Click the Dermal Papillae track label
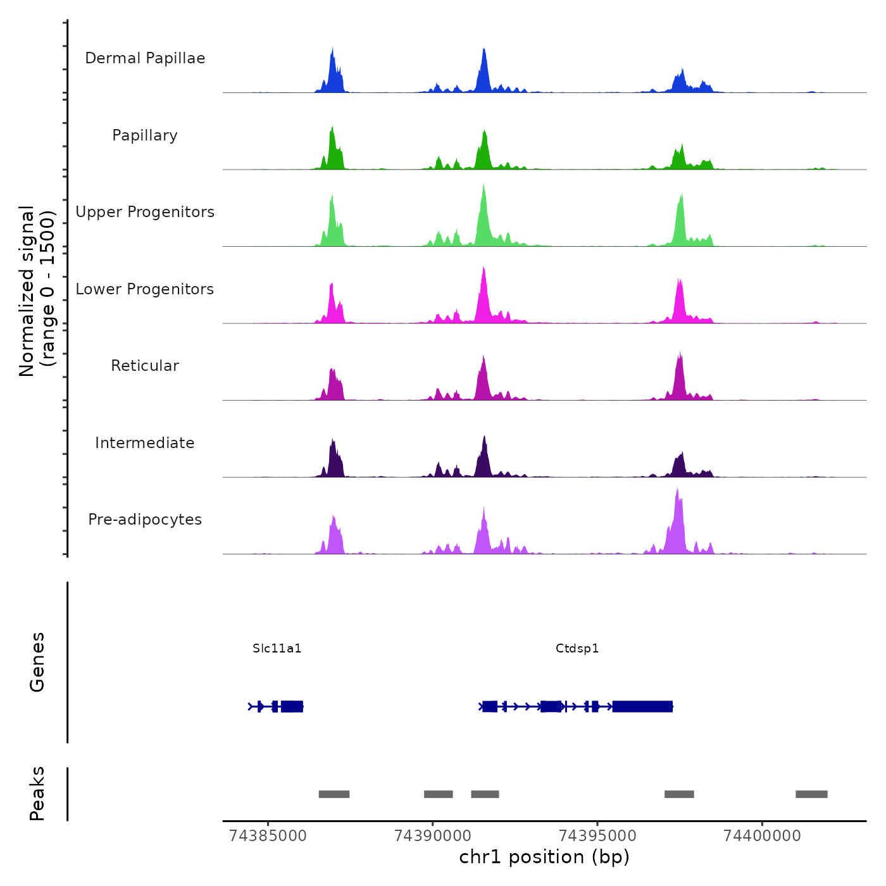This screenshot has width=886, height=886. pyautogui.click(x=145, y=58)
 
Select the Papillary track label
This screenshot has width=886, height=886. pyautogui.click(x=145, y=135)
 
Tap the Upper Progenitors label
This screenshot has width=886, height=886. pyautogui.click(x=145, y=212)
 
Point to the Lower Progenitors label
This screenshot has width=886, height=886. pyautogui.click(x=145, y=289)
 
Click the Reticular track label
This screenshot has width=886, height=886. pyautogui.click(x=145, y=366)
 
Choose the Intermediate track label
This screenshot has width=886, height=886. pyautogui.click(x=145, y=443)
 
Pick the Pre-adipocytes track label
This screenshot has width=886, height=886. pyautogui.click(x=145, y=520)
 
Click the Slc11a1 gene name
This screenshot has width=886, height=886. pyautogui.click(x=277, y=648)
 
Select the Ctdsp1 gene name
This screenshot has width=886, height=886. pyautogui.click(x=577, y=648)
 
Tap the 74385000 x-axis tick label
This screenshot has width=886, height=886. pyautogui.click(x=268, y=835)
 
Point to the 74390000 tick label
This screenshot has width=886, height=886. pyautogui.click(x=433, y=835)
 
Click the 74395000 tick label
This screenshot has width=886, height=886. pyautogui.click(x=598, y=835)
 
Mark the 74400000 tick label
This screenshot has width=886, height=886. pyautogui.click(x=762, y=835)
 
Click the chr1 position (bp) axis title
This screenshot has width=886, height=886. pyautogui.click(x=544, y=857)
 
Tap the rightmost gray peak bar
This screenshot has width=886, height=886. pyautogui.click(x=811, y=794)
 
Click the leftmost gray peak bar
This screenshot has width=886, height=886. pyautogui.click(x=334, y=794)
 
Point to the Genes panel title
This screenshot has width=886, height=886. pyautogui.click(x=37, y=662)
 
